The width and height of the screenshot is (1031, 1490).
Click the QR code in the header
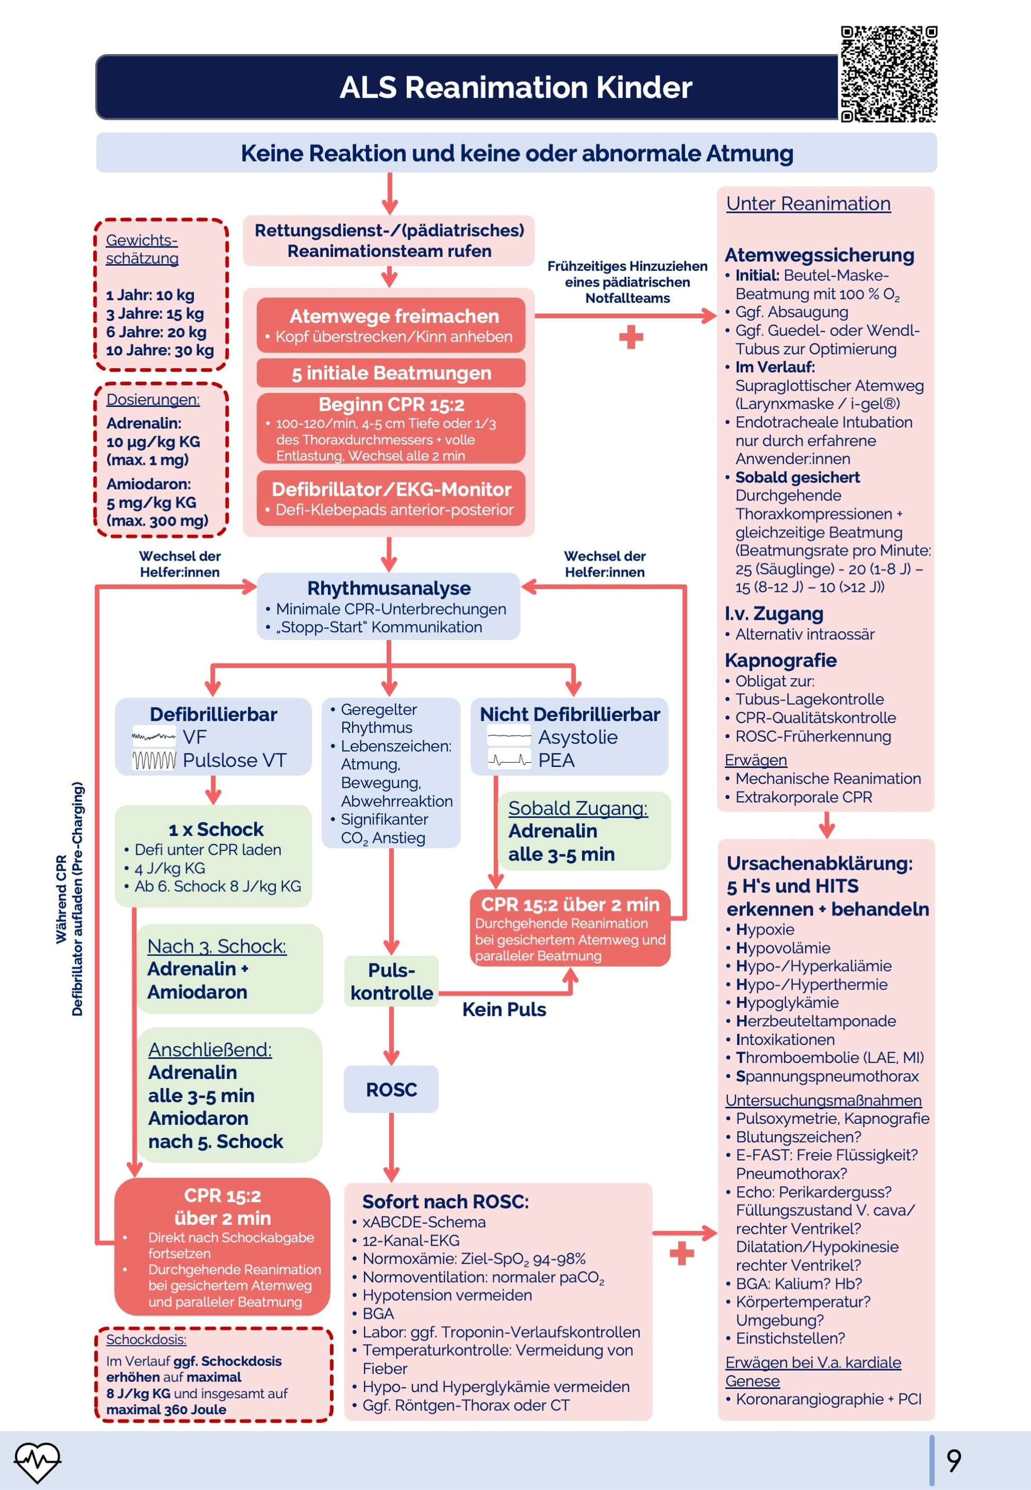click(888, 74)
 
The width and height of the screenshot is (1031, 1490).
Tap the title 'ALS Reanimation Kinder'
click(515, 87)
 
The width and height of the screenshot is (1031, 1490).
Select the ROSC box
click(391, 1089)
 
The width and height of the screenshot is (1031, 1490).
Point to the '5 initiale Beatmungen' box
click(391, 373)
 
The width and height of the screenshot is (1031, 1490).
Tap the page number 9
click(954, 1460)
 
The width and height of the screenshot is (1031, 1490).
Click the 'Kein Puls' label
click(504, 1009)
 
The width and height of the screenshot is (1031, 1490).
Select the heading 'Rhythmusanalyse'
click(389, 588)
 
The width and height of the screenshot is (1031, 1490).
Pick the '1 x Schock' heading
click(216, 829)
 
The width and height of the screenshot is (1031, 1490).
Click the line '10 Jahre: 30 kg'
click(159, 350)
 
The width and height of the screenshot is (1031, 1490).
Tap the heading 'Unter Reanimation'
click(808, 204)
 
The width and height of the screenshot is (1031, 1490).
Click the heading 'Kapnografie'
click(780, 660)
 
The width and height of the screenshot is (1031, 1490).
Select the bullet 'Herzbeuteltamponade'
click(816, 1021)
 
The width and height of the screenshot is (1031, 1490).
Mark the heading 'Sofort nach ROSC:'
click(445, 1201)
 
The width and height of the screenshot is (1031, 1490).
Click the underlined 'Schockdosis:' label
click(146, 1339)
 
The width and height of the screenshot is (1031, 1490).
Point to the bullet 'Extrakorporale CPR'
click(804, 797)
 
